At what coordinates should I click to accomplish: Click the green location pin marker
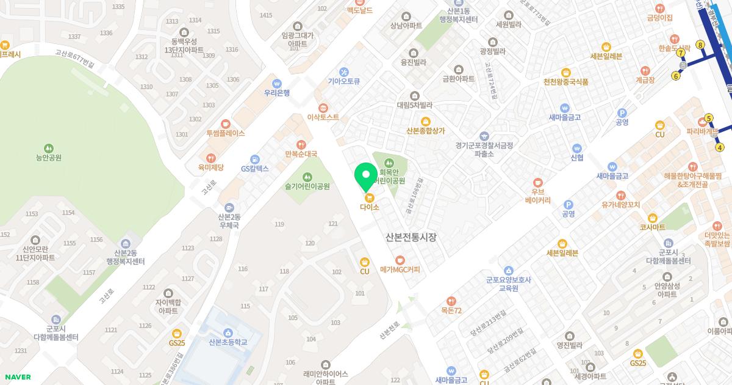(x=366, y=175)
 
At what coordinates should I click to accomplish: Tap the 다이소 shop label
(x=369, y=207)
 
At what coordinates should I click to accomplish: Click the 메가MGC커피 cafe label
(x=400, y=269)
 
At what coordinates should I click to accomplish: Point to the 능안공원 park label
(x=49, y=157)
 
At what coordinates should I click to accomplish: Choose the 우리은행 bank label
(x=277, y=93)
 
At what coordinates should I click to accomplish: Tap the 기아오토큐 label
(x=344, y=81)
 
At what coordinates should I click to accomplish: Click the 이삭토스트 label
(x=323, y=117)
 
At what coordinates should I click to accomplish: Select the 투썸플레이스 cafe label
(x=226, y=133)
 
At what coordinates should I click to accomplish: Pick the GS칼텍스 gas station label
(x=254, y=168)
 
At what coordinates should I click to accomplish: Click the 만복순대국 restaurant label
(x=301, y=154)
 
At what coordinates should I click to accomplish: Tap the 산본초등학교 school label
(x=228, y=342)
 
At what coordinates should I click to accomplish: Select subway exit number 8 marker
(x=700, y=45)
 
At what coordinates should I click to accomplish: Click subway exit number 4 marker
(x=720, y=147)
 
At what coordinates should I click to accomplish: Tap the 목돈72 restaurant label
(x=451, y=310)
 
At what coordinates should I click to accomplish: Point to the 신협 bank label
(x=577, y=157)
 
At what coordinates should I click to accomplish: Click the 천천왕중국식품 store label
(x=565, y=81)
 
